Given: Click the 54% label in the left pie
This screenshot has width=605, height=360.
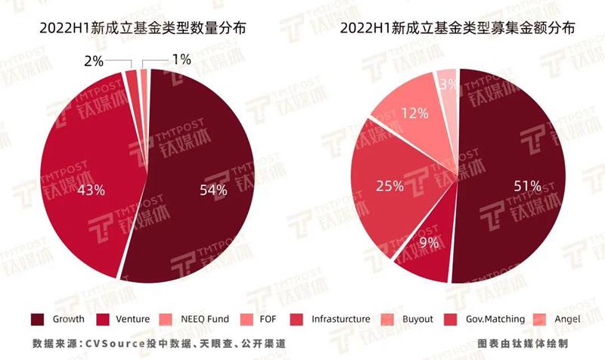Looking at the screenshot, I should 213,190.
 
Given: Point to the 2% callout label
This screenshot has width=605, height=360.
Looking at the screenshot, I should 93,60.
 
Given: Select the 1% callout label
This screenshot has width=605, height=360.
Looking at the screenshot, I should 181,60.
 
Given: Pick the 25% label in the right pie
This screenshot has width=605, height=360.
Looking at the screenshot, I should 389,185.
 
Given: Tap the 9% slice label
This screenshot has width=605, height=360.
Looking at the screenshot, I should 428,244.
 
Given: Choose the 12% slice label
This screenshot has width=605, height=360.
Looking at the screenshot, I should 414,113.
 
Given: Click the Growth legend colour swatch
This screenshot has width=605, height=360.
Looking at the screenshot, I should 36,318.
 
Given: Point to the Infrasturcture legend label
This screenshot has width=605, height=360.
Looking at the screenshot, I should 340,319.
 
